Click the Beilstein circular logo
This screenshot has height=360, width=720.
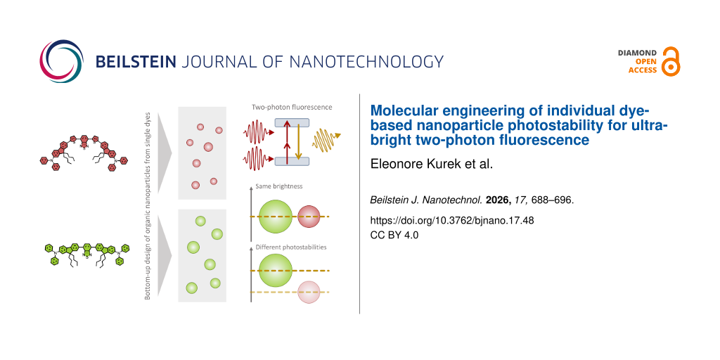(x=62, y=62)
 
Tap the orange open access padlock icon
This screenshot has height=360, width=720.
(x=671, y=62)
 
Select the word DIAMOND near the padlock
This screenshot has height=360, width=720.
(x=637, y=53)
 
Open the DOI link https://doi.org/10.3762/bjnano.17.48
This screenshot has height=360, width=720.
(x=452, y=221)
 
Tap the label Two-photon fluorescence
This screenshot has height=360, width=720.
(x=292, y=108)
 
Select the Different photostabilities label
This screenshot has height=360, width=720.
(x=290, y=247)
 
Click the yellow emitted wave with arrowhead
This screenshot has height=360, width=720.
(x=326, y=140)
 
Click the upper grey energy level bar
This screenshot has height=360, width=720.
(x=292, y=122)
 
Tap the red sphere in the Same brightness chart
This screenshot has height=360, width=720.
(x=309, y=217)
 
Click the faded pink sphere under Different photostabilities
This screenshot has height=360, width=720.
(x=309, y=292)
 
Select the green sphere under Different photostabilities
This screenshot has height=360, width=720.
(x=276, y=271)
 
